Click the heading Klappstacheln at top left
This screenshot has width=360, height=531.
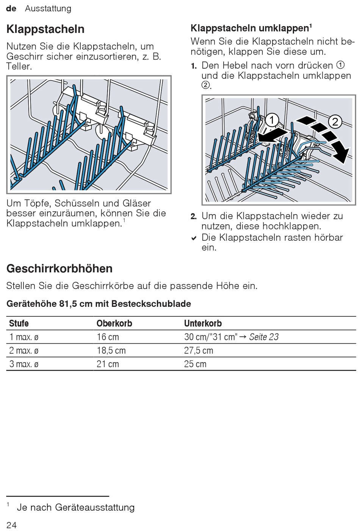point(45,29)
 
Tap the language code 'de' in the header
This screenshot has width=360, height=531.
point(11,8)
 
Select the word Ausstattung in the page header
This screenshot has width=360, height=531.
point(48,8)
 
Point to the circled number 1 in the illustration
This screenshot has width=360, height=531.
point(272,120)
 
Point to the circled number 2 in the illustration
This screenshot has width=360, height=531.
point(335,122)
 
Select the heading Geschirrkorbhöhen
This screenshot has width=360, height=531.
point(59,269)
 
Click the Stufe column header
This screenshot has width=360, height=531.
point(19,324)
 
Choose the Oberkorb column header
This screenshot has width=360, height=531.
point(114,324)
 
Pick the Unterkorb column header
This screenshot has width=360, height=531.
point(203,324)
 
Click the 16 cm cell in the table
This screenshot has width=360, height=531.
point(108,337)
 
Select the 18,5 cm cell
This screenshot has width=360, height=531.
point(111,350)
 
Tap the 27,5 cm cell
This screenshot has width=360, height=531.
point(199,350)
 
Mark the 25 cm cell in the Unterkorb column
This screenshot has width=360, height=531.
point(195,364)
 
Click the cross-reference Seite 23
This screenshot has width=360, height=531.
point(264,337)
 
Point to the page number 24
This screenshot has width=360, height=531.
point(11,525)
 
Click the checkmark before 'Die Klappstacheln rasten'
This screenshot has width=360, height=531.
point(194,238)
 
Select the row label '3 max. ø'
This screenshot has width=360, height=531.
point(24,364)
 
